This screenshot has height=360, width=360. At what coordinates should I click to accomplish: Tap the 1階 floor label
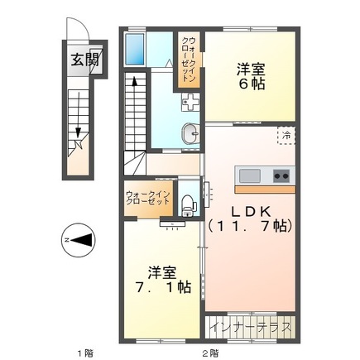point(84,352)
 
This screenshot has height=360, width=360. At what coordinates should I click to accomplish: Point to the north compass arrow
point(78,241)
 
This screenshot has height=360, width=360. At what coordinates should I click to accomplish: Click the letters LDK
point(248,208)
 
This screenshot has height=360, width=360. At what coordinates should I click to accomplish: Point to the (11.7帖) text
point(248,225)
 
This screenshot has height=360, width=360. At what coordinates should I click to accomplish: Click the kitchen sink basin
point(248,175)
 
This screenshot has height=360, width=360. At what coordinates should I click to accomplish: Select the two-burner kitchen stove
point(280,175)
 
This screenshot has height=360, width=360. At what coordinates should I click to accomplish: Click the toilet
point(188,200)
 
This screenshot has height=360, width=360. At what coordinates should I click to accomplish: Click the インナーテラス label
point(250,328)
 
